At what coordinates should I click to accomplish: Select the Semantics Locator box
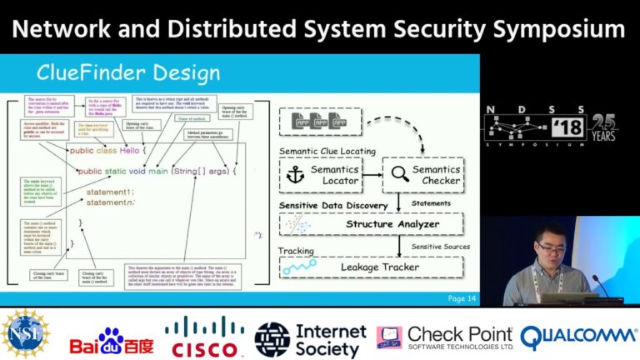[x=322, y=174]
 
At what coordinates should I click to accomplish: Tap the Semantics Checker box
[x=422, y=174]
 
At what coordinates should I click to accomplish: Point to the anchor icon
[x=296, y=174]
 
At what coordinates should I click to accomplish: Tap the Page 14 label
[x=462, y=298]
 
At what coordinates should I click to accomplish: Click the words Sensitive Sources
[x=440, y=247]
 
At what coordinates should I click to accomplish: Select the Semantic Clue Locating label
[x=327, y=151]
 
